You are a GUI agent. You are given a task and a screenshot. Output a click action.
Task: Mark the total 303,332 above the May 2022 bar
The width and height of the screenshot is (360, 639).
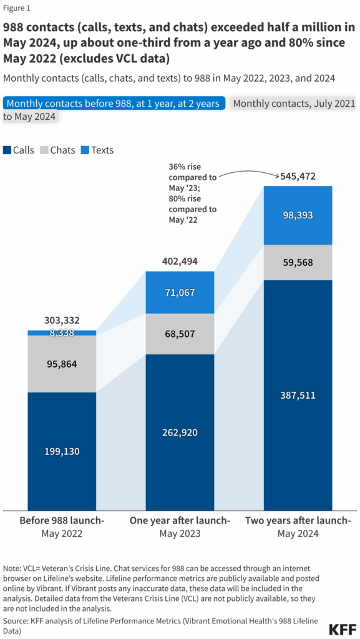(61, 321)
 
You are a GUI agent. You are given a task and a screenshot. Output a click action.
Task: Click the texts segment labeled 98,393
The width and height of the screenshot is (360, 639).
(297, 215)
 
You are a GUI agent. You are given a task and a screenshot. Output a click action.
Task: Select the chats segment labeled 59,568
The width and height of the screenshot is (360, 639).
(297, 263)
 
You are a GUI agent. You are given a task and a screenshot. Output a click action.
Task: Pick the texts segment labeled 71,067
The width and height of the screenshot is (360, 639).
(179, 292)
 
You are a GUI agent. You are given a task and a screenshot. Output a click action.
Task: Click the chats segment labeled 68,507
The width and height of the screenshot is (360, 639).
(179, 334)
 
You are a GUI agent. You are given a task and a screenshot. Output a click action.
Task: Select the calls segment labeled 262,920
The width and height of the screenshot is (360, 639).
(179, 432)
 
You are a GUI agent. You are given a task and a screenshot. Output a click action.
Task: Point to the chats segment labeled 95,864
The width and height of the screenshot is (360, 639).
(61, 364)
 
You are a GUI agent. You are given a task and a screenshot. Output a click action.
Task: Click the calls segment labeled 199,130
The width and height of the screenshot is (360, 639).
(61, 451)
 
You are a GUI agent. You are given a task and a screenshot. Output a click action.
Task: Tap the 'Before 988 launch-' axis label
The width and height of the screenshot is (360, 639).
(61, 521)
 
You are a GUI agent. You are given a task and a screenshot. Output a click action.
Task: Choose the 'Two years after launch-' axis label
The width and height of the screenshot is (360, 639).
(297, 521)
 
